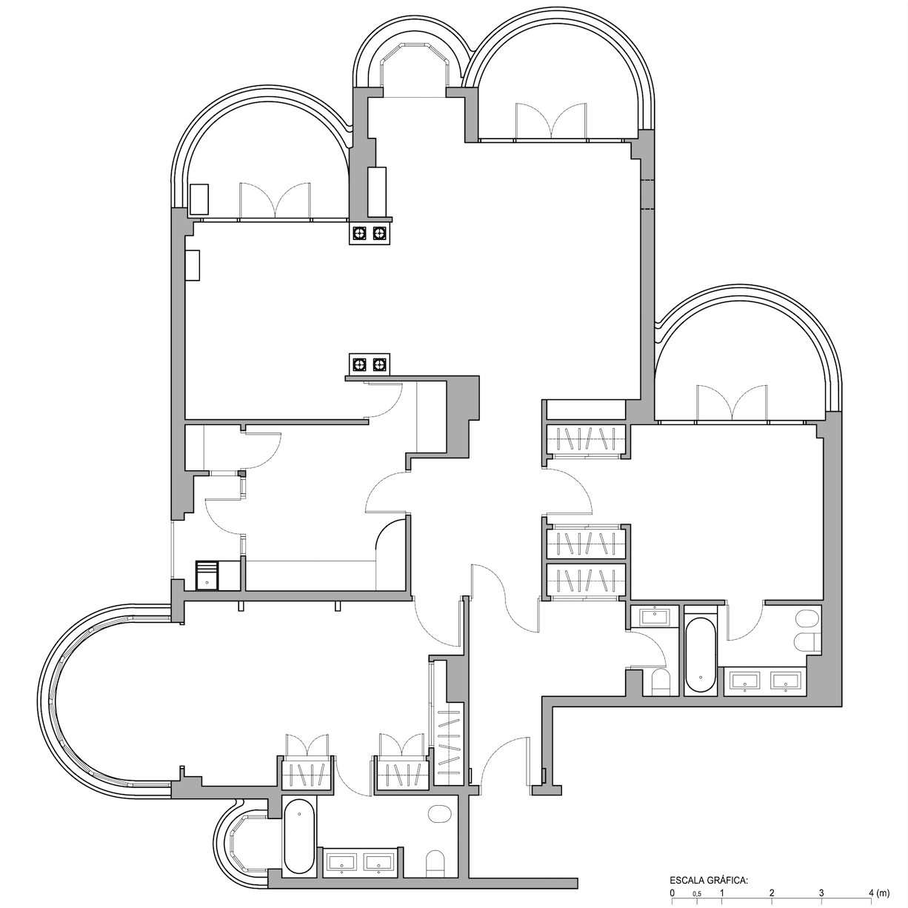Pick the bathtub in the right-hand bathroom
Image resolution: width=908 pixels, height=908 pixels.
(701, 655)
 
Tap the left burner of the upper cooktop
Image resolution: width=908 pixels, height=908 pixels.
(360, 233)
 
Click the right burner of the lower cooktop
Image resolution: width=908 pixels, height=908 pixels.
(379, 364)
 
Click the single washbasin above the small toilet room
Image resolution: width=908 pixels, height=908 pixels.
(653, 616)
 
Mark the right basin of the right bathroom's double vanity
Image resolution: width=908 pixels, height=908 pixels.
(786, 681)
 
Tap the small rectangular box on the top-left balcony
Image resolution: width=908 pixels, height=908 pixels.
(198, 199)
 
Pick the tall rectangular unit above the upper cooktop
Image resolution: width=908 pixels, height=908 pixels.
(377, 192)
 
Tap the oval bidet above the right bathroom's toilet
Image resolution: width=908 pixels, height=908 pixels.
(807, 618)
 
